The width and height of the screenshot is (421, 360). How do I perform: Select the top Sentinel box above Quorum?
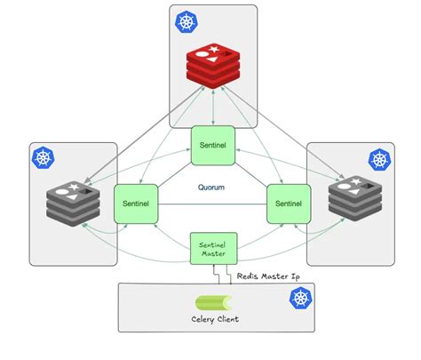point(212,146)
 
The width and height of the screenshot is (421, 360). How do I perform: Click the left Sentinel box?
point(136,204)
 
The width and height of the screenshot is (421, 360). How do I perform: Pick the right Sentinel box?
point(289,204)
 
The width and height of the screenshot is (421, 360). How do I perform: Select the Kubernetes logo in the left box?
point(42,158)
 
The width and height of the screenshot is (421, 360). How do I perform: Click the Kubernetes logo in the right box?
point(380,159)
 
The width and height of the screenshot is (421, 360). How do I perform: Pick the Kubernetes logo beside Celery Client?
point(299,299)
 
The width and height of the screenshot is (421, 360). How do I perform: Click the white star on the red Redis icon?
point(216,52)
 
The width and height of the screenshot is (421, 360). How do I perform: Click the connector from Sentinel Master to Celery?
point(227,276)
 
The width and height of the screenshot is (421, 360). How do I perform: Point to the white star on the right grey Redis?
point(357,184)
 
